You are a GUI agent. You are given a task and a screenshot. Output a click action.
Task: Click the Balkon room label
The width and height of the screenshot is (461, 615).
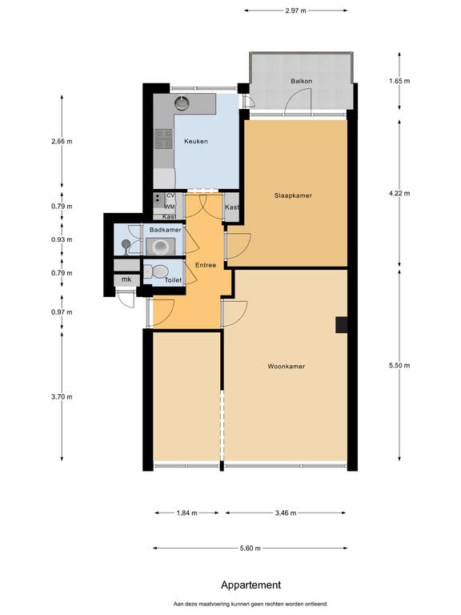click(301, 81)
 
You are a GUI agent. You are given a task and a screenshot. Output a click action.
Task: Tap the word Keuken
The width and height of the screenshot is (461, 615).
click(196, 141)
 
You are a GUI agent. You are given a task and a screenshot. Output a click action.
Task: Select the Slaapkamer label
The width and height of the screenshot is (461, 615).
click(293, 195)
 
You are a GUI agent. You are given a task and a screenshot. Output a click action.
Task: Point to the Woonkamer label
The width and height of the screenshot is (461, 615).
click(287, 366)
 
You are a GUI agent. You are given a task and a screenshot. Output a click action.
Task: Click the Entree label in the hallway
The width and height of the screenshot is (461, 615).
click(206, 265)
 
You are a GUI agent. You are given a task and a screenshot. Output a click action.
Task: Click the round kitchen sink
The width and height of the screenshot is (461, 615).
click(182, 102)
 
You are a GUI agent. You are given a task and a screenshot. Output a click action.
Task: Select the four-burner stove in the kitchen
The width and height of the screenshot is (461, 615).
click(164, 139)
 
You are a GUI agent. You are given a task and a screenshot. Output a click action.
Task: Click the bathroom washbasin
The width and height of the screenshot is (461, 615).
click(160, 247)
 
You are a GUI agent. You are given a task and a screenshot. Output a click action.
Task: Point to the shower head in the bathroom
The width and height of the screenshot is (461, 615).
click(126, 244)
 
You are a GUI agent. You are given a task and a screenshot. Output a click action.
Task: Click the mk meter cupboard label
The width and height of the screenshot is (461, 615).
click(126, 279)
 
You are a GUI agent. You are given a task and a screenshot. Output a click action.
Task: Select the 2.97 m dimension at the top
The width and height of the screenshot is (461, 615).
click(295, 10)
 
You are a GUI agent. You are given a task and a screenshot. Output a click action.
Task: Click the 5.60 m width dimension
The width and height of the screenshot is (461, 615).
click(250, 549)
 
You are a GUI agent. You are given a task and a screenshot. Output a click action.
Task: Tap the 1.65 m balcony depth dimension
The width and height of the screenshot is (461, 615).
click(399, 81)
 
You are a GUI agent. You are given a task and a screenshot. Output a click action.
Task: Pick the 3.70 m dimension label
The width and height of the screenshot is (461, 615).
click(62, 397)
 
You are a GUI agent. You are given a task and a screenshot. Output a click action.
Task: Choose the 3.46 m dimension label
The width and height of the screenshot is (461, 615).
click(286, 513)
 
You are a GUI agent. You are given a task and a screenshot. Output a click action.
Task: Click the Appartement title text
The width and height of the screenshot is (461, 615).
click(251, 585)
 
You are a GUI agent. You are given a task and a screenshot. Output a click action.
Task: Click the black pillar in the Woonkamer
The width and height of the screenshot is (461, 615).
click(342, 325)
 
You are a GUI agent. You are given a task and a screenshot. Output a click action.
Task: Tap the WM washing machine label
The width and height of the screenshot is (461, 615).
click(170, 207)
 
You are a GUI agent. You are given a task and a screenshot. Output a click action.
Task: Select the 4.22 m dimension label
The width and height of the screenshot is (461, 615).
click(399, 193)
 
